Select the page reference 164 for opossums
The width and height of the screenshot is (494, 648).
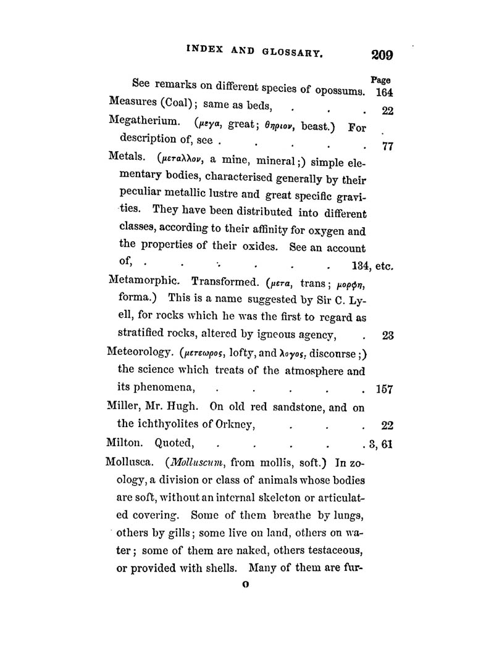[x=385, y=94]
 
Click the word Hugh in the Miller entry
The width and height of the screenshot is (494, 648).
[x=181, y=407]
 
